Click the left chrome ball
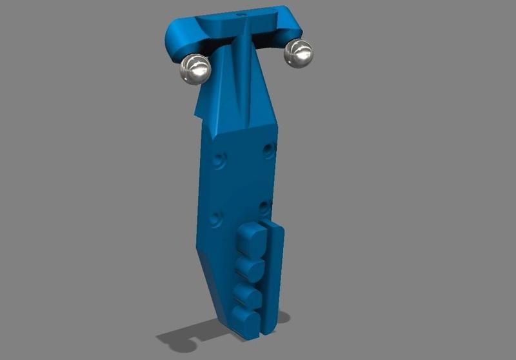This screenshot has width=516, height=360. click(195, 68)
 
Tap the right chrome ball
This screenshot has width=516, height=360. click(299, 53)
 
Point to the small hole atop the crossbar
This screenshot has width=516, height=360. click(243, 12)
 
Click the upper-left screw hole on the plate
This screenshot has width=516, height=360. click(223, 158)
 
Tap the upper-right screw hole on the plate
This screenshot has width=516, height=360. click(270, 150)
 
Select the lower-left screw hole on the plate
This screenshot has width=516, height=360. click(217, 218)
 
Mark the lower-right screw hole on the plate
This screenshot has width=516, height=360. click(264, 208)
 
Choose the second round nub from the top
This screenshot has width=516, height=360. click(249, 266)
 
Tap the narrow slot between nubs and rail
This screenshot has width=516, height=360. click(265, 277)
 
